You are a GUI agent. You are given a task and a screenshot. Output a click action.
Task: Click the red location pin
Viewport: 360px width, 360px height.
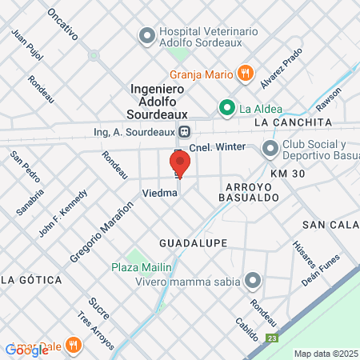coord(179,163)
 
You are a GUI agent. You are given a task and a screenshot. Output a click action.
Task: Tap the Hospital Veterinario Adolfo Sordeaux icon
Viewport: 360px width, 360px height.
coord(146,36)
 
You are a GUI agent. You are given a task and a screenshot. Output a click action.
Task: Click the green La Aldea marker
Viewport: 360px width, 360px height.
coord(226,108)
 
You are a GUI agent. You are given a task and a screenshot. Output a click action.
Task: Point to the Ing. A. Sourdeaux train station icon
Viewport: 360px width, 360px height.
coord(185,131)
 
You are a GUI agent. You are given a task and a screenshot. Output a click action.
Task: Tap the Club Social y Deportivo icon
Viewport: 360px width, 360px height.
coord(270,148)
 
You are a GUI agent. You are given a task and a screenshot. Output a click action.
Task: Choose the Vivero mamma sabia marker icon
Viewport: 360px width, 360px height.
coord(254,279)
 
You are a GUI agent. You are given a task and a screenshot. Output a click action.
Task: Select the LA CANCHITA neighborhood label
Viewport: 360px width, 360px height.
coord(292,122)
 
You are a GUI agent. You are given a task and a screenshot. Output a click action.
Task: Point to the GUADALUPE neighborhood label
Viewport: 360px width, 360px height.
coord(193,242)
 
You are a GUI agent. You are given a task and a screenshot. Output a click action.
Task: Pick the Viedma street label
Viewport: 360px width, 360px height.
coord(158,194)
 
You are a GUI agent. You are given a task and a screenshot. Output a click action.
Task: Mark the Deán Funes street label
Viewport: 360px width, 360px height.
coord(321,271)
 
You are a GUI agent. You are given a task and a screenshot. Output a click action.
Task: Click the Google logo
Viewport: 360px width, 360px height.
coord(26,350)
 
